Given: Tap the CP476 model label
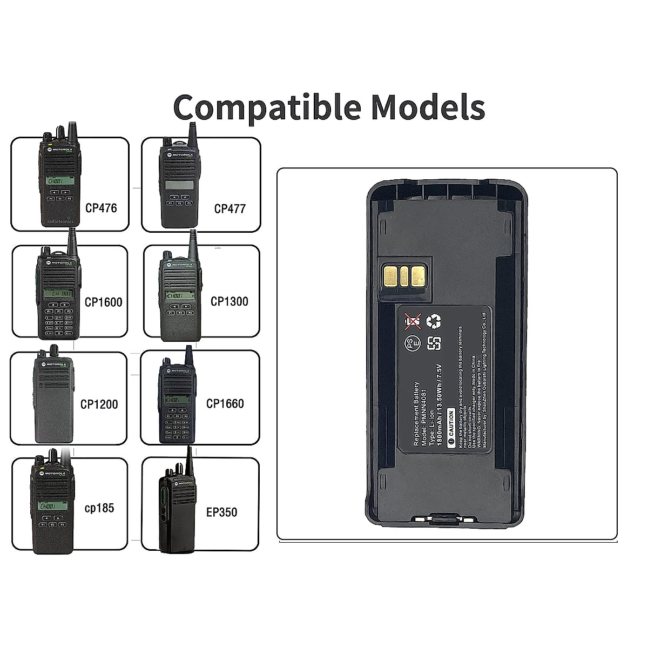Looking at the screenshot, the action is coord(101,208).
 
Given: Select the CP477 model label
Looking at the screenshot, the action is coord(230,208).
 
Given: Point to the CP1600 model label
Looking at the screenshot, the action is coord(104,302).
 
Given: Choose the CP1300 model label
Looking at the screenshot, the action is coord(230,301).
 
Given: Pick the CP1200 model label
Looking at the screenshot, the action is coord(99,404).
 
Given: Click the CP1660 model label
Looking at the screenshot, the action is coord(225,403).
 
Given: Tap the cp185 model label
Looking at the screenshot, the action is coord(99,508).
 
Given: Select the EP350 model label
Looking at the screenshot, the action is coord(221,511).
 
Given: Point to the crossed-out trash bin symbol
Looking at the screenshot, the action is coord(413,322).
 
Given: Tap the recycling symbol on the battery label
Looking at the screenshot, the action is coord(434,322).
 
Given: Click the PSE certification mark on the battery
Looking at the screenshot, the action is coord(413,343).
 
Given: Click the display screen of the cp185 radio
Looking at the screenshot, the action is coord(53,508).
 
